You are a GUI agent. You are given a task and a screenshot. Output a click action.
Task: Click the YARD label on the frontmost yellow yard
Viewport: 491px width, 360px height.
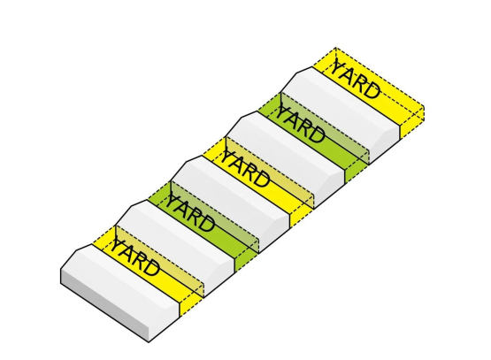coord(134,257)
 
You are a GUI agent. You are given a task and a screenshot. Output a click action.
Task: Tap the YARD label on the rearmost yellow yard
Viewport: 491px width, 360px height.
coord(356,78)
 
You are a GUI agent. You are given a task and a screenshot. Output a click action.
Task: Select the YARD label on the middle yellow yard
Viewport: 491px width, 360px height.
coord(245,169)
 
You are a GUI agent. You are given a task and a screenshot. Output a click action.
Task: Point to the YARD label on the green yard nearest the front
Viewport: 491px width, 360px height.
coord(189,213)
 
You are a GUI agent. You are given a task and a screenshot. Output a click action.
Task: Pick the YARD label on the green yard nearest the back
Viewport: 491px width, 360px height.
coord(300,125)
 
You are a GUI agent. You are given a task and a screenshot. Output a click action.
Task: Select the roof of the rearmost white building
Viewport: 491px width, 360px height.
coord(344,105)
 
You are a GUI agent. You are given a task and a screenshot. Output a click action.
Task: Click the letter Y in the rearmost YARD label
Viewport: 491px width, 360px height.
coord(339,67)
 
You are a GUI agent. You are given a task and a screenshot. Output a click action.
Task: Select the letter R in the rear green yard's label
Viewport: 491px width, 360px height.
coord(307,129)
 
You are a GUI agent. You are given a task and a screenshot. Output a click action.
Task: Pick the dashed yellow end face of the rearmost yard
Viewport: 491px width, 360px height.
coord(412,122)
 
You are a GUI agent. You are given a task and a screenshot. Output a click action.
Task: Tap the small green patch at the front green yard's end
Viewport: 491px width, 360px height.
coord(247,259)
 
